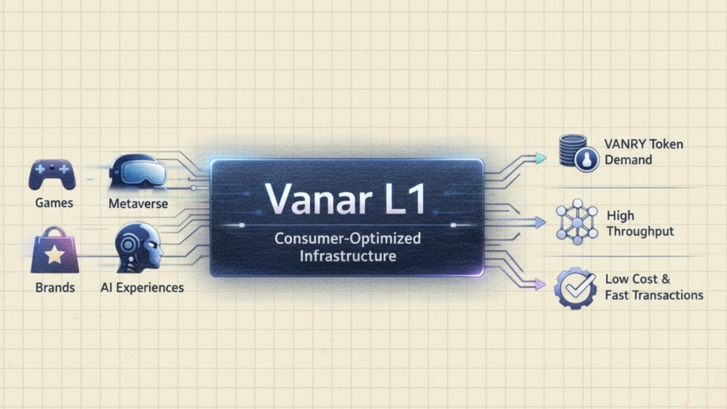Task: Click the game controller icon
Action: click(52, 174)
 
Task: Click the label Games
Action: click(54, 203)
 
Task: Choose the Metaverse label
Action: click(138, 204)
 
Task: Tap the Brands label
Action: click(55, 287)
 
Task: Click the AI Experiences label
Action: click(142, 287)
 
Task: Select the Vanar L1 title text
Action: click(346, 198)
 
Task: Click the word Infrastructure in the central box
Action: click(348, 257)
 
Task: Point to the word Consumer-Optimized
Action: click(347, 239)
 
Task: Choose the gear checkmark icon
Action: click(574, 288)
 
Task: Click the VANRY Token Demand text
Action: click(644, 152)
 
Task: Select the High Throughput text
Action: click(640, 224)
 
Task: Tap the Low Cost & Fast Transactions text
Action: click(654, 287)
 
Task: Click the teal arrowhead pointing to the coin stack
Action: click(540, 158)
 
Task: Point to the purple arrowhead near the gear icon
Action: click(540, 286)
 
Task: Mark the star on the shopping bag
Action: click(54, 256)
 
